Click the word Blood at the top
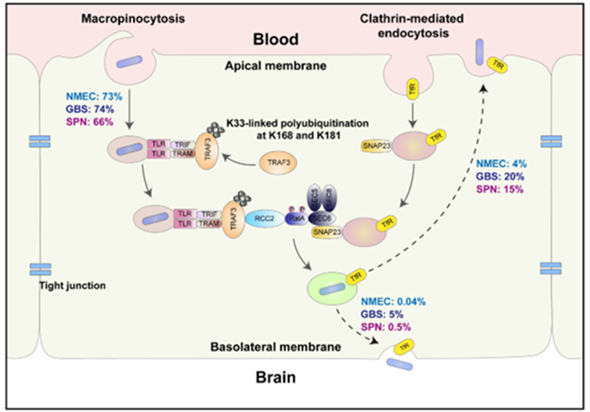(275, 39)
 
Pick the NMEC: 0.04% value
(393, 301)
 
